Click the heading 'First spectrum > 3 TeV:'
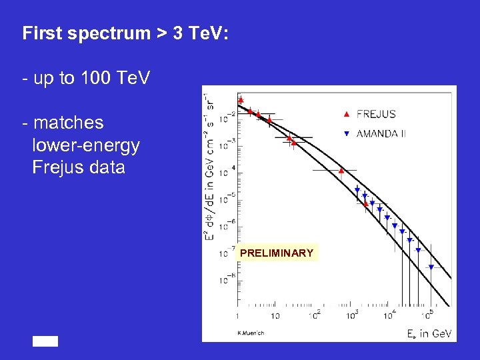tap(125, 33)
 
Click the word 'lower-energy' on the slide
tap(85, 145)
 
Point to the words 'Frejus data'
tap(79, 167)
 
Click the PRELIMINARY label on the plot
tap(277, 253)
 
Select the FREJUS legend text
tap(376, 114)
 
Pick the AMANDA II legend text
tap(381, 133)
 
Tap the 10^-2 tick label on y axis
tap(228, 119)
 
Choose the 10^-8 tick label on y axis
tap(228, 280)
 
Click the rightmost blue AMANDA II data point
tap(431, 267)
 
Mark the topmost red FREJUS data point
tap(241, 101)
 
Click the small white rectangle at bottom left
tap(46, 341)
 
